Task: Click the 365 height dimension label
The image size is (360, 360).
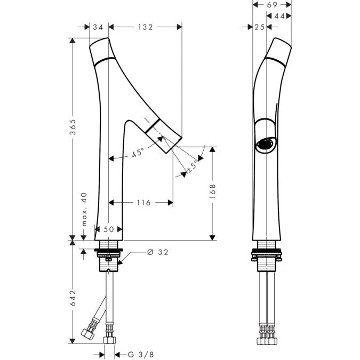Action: pos(73,127)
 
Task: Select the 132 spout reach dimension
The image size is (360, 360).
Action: pos(145,27)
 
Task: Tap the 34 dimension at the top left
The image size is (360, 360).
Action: pos(98,27)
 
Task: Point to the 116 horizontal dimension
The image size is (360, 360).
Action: pos(143,203)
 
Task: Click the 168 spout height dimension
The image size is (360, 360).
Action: pos(213,191)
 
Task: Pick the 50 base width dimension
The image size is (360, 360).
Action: pos(109,229)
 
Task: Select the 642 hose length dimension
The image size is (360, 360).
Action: pos(73,298)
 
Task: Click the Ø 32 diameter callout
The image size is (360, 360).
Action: pos(158,252)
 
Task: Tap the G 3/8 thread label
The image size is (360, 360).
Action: pos(141,355)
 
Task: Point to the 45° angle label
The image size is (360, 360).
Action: pos(138,153)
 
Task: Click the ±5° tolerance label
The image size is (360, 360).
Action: pos(193,166)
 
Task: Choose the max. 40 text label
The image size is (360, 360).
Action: pos(84,209)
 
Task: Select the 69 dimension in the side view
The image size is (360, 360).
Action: pos(272,4)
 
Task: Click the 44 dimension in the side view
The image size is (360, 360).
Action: pos(279,16)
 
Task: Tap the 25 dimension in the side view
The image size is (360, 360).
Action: pos(260,27)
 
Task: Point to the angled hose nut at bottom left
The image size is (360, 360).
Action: pos(88,333)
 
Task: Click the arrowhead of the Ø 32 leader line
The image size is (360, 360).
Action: pos(120,262)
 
